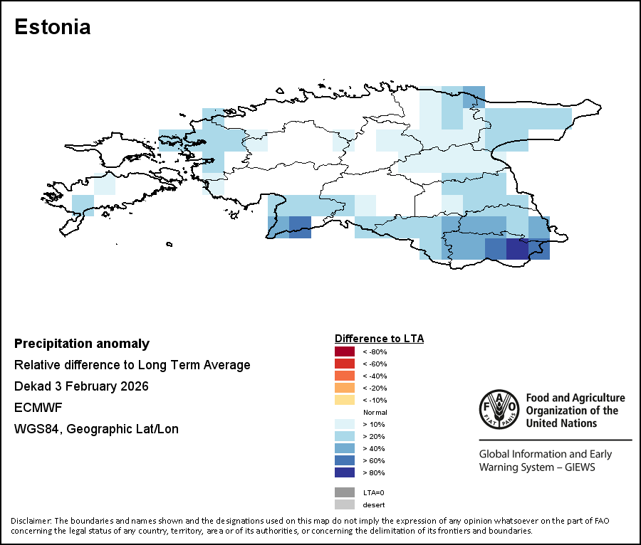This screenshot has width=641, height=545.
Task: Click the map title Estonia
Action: tap(52, 28)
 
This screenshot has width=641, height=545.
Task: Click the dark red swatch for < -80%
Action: tap(345, 351)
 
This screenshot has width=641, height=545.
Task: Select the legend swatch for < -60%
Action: tap(345, 364)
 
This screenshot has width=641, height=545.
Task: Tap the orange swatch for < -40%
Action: tap(345, 376)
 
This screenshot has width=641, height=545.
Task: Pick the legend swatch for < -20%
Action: tap(345, 388)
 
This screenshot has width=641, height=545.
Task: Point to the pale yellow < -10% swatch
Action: tap(345, 400)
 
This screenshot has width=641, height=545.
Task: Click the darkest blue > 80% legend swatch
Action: tap(345, 472)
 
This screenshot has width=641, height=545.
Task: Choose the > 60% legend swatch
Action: tap(345, 460)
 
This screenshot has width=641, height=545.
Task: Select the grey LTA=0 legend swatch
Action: tap(345, 492)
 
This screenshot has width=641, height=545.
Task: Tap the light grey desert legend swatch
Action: tap(345, 504)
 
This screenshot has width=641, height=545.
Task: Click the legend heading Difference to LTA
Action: tap(379, 338)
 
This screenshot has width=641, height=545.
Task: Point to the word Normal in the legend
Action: tap(375, 413)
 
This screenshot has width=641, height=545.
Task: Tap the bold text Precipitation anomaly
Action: tap(82, 344)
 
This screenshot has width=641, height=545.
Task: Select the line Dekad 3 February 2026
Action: tap(81, 386)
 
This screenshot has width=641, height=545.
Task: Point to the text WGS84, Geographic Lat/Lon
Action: tap(96, 429)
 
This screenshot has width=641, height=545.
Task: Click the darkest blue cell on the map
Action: tap(517, 250)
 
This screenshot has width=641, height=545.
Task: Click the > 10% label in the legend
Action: tap(374, 424)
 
